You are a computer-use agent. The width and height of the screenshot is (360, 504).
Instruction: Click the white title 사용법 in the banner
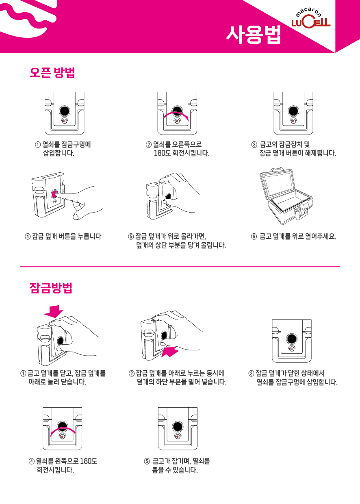(254, 35)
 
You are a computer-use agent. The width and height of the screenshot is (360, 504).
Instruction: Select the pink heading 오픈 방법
(52, 72)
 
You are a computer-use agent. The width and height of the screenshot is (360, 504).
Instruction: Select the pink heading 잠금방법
(51, 288)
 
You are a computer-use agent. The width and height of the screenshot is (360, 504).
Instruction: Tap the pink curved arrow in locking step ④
(62, 429)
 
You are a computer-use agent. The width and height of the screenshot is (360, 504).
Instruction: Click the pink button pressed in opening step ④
(54, 194)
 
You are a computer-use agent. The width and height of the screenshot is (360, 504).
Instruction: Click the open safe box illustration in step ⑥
(286, 196)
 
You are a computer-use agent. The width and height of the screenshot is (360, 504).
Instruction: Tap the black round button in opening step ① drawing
(65, 111)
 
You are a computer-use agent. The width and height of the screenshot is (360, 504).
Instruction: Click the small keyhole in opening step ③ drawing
(293, 121)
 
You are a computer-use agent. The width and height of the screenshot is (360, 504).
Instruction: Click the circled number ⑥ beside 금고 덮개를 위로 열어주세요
(254, 237)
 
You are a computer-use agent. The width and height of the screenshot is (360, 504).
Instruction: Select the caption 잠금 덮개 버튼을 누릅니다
(67, 237)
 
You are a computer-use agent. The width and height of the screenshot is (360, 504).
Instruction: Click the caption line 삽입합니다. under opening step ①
(59, 153)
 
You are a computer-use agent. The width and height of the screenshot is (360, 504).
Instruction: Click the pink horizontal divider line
(180, 267)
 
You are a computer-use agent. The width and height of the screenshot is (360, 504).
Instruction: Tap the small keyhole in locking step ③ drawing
(292, 349)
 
